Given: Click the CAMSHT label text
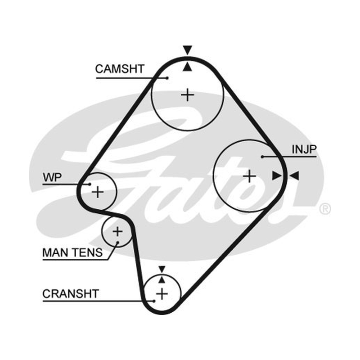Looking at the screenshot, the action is [x=120, y=69].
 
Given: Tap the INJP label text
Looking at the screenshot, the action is [x=304, y=149].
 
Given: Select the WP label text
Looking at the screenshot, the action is [x=52, y=177].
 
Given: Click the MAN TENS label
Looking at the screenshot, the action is [x=72, y=253].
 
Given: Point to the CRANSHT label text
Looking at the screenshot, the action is [x=71, y=294].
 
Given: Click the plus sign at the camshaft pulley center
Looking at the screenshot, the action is [x=188, y=95].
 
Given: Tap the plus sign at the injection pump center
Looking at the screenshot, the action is [x=250, y=176].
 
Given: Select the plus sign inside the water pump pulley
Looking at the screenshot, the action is [x=98, y=192].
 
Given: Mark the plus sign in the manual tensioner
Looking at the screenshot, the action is [x=117, y=231].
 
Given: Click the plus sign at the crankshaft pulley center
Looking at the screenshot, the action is [x=162, y=294].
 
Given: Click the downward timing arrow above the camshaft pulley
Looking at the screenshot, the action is [x=188, y=50].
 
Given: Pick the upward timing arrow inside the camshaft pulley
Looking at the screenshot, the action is [x=187, y=67].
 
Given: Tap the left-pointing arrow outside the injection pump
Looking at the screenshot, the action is [x=294, y=175].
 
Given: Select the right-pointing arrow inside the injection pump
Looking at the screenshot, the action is [x=277, y=175].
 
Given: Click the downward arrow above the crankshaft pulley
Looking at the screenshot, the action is [x=162, y=269].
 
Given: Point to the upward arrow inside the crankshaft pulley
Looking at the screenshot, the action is [x=162, y=279].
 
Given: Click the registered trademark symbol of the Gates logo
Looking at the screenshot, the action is [x=325, y=209].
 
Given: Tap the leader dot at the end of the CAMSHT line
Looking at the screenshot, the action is [x=167, y=78].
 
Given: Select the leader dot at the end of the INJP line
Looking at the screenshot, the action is [x=262, y=157].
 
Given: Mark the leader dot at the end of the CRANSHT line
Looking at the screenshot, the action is [x=154, y=301].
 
